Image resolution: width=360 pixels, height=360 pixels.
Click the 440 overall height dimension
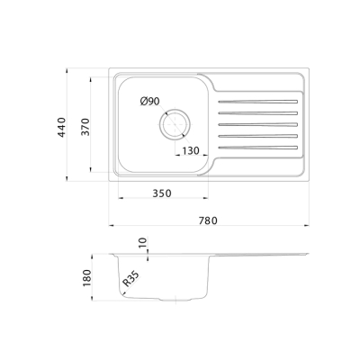61,128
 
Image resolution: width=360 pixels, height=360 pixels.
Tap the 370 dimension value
85,127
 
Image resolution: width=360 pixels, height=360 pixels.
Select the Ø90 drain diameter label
149,102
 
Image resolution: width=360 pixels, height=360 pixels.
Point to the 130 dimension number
191,150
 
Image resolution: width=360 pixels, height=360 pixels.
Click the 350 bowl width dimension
162,193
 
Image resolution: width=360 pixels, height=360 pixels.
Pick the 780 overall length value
208,220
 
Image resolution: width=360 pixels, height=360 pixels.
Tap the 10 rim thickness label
143,242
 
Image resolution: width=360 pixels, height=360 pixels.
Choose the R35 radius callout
130,279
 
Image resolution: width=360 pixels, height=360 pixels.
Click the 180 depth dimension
87,278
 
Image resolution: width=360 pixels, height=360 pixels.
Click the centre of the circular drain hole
175,123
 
